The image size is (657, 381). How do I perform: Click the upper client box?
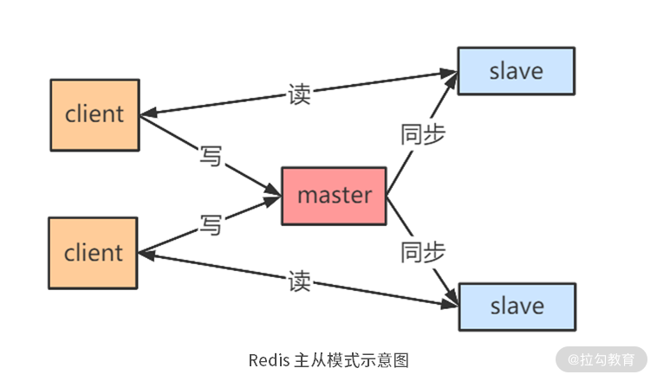pos(94,114)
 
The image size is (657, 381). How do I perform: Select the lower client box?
pos(94,253)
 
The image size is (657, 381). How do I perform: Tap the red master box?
pos(334,196)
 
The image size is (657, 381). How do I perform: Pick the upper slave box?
pos(517,71)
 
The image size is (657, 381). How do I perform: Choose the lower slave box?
pos(517,306)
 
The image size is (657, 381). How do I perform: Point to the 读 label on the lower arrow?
pos(299,281)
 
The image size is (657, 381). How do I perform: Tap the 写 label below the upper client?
pos(211,157)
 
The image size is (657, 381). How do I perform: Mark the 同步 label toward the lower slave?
pos(423,252)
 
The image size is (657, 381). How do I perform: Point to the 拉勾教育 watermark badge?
pos(602,358)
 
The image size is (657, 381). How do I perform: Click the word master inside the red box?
pos(334,196)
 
